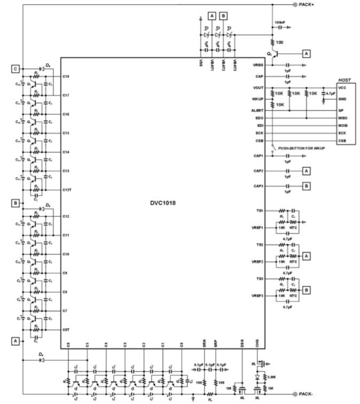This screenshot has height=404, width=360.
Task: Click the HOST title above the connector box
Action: pos(344,80)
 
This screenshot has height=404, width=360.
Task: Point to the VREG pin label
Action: pos(258,65)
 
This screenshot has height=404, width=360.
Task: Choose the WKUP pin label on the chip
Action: pos(258,99)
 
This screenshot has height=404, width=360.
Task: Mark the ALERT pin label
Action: pos(257,110)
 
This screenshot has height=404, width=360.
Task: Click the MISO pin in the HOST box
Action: pos(344,118)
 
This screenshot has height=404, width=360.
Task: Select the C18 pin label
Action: pos(66,76)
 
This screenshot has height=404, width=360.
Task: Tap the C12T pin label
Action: pos(67,190)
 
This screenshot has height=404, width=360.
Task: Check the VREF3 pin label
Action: pos(257,296)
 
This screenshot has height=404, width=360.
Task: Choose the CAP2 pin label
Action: pos(258,171)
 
